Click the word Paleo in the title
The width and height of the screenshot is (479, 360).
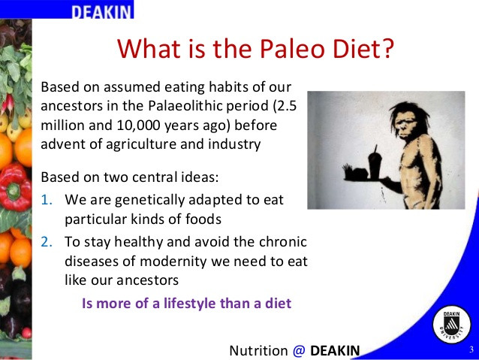pyautogui.click(x=292, y=49)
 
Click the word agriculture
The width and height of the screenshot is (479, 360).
pyautogui.click(x=141, y=144)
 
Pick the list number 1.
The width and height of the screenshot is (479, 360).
pyautogui.click(x=46, y=200)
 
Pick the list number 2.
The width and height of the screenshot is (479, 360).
pyautogui.click(x=47, y=242)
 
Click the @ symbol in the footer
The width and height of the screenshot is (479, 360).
pyautogui.click(x=299, y=350)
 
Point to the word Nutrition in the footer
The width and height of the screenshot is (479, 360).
pyautogui.click(x=258, y=350)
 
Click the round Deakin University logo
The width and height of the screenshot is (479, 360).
pyautogui.click(x=452, y=325)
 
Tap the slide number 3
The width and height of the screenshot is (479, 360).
pyautogui.click(x=471, y=349)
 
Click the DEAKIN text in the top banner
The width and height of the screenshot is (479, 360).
pyautogui.click(x=101, y=12)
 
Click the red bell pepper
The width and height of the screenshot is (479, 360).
pyautogui.click(x=15, y=187)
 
